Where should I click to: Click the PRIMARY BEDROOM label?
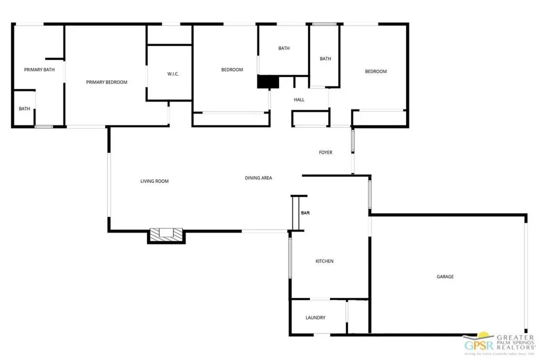coord(107,82)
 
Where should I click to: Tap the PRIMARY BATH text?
coord(40,70)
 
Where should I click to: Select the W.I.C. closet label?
coord(173,74)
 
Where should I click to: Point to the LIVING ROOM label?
coord(154,181)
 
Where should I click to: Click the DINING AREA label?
coord(258,178)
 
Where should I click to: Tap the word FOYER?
coord(325,152)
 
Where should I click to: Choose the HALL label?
coord(299,100)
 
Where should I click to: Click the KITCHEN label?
coord(324,261)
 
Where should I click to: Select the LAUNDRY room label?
coord(315,318)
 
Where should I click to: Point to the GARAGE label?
coord(445,277)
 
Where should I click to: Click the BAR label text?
coord(305,213)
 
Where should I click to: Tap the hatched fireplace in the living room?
coord(166,234)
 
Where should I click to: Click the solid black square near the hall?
coord(267,82)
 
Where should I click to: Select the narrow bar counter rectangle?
coord(295,213)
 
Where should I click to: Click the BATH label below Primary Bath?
coord(24,109)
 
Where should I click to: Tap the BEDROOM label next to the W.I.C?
coord(232,70)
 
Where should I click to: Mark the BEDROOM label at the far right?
coord(376,72)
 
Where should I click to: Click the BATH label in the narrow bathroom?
coord(325,59)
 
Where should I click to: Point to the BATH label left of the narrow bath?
coord(284,48)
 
